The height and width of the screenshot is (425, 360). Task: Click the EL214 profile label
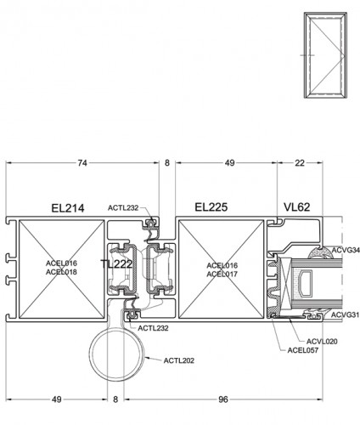pos(68,208)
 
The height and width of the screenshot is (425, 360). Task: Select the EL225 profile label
pos(211,207)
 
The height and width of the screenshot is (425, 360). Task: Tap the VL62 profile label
pos(297,207)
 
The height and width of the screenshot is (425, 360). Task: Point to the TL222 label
pos(116,264)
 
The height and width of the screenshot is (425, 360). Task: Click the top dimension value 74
pos(82,163)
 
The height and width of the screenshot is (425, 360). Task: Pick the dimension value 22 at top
pos(300,163)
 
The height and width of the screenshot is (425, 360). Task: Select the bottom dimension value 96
pos(223,399)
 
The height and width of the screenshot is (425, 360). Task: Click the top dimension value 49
pos(230,163)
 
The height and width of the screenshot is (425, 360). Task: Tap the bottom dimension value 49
pos(57,399)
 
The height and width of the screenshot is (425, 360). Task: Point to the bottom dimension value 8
pos(115,399)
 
